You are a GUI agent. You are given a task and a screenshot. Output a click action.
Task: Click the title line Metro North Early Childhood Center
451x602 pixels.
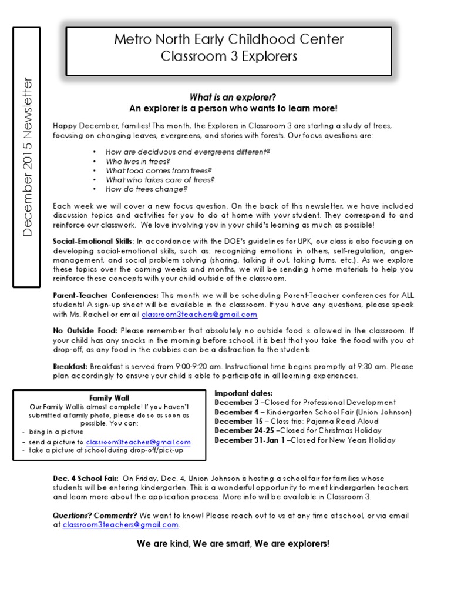click(228, 40)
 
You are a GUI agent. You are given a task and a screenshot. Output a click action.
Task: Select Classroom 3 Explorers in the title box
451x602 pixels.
click(228, 57)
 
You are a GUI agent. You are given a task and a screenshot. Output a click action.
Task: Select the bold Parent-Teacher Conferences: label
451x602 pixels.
click(106, 295)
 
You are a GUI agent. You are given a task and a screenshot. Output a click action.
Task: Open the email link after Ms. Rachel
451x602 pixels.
click(199, 315)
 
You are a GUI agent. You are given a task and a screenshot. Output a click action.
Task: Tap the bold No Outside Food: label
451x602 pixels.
click(85, 330)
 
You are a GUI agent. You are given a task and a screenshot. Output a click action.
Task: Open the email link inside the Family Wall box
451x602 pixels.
click(138, 442)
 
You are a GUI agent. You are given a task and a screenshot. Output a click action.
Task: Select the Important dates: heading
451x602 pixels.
click(243, 393)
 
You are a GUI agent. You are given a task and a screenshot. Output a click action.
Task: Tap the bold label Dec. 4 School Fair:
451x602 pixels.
click(86, 479)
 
